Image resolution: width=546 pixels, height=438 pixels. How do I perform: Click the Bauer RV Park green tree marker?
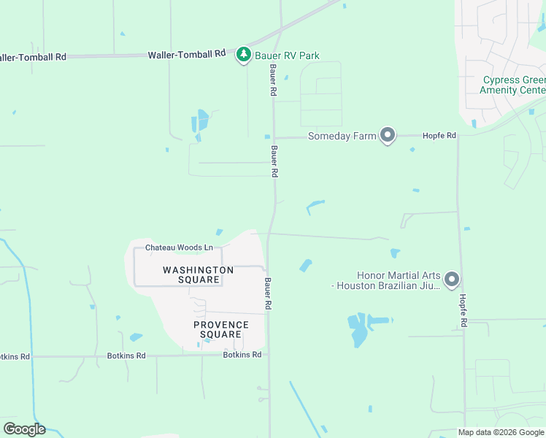tap(244, 55)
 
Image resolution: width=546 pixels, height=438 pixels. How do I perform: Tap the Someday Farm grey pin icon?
tap(388, 136)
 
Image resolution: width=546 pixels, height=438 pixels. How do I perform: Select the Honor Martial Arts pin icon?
tap(452, 280)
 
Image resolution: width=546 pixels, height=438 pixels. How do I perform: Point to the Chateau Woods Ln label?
tap(179, 248)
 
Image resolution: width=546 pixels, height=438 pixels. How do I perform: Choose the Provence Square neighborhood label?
tap(221, 329)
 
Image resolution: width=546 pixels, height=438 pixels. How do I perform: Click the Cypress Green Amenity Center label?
tap(513, 85)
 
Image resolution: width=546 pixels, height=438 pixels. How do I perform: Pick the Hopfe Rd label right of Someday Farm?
tap(442, 136)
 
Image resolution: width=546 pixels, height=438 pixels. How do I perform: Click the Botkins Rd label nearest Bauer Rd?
tap(242, 355)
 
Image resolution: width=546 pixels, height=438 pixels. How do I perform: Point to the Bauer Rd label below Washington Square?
tap(269, 292)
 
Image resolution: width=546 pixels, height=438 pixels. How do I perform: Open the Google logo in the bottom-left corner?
tap(24, 429)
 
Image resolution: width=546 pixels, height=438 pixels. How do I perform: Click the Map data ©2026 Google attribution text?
tap(501, 432)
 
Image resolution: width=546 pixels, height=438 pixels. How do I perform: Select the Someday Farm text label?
tap(342, 136)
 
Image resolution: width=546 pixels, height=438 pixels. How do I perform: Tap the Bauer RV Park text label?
tap(287, 55)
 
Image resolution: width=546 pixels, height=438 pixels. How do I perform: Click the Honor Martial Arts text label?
tap(388, 280)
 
